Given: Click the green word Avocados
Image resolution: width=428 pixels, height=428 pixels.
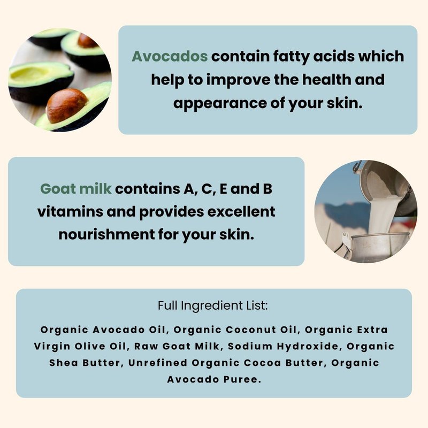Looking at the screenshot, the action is click(170, 56).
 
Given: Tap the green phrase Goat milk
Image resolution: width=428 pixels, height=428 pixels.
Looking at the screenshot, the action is click(75, 189).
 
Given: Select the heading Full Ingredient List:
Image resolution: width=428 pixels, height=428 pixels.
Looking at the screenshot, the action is click(213, 305).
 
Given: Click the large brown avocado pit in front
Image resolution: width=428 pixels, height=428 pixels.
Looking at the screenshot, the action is click(66, 105).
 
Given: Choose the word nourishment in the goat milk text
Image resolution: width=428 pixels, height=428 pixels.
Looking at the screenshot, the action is click(106, 234).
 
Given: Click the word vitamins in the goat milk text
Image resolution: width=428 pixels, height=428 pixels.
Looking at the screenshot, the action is click(70, 211).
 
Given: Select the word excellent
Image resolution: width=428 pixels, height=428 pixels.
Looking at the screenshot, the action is click(241, 211).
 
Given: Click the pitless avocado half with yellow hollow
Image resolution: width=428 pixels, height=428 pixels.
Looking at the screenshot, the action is click(41, 82).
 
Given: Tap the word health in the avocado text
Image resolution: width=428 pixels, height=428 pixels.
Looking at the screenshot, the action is click(326, 80).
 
